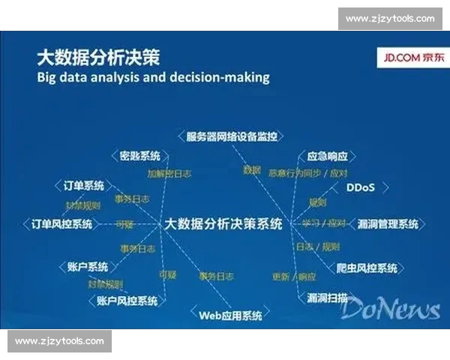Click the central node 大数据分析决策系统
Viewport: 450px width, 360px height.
(x=223, y=223)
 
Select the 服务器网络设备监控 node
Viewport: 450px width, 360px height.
(x=232, y=136)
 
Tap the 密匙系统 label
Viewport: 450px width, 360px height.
(x=140, y=156)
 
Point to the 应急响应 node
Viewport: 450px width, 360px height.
(x=328, y=157)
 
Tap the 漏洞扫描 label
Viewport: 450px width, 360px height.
(x=328, y=297)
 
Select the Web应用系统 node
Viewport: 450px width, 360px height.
(x=230, y=315)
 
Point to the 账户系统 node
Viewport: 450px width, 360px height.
(x=88, y=267)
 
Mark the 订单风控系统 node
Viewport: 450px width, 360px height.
(x=62, y=223)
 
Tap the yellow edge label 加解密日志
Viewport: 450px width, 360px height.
(x=168, y=173)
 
